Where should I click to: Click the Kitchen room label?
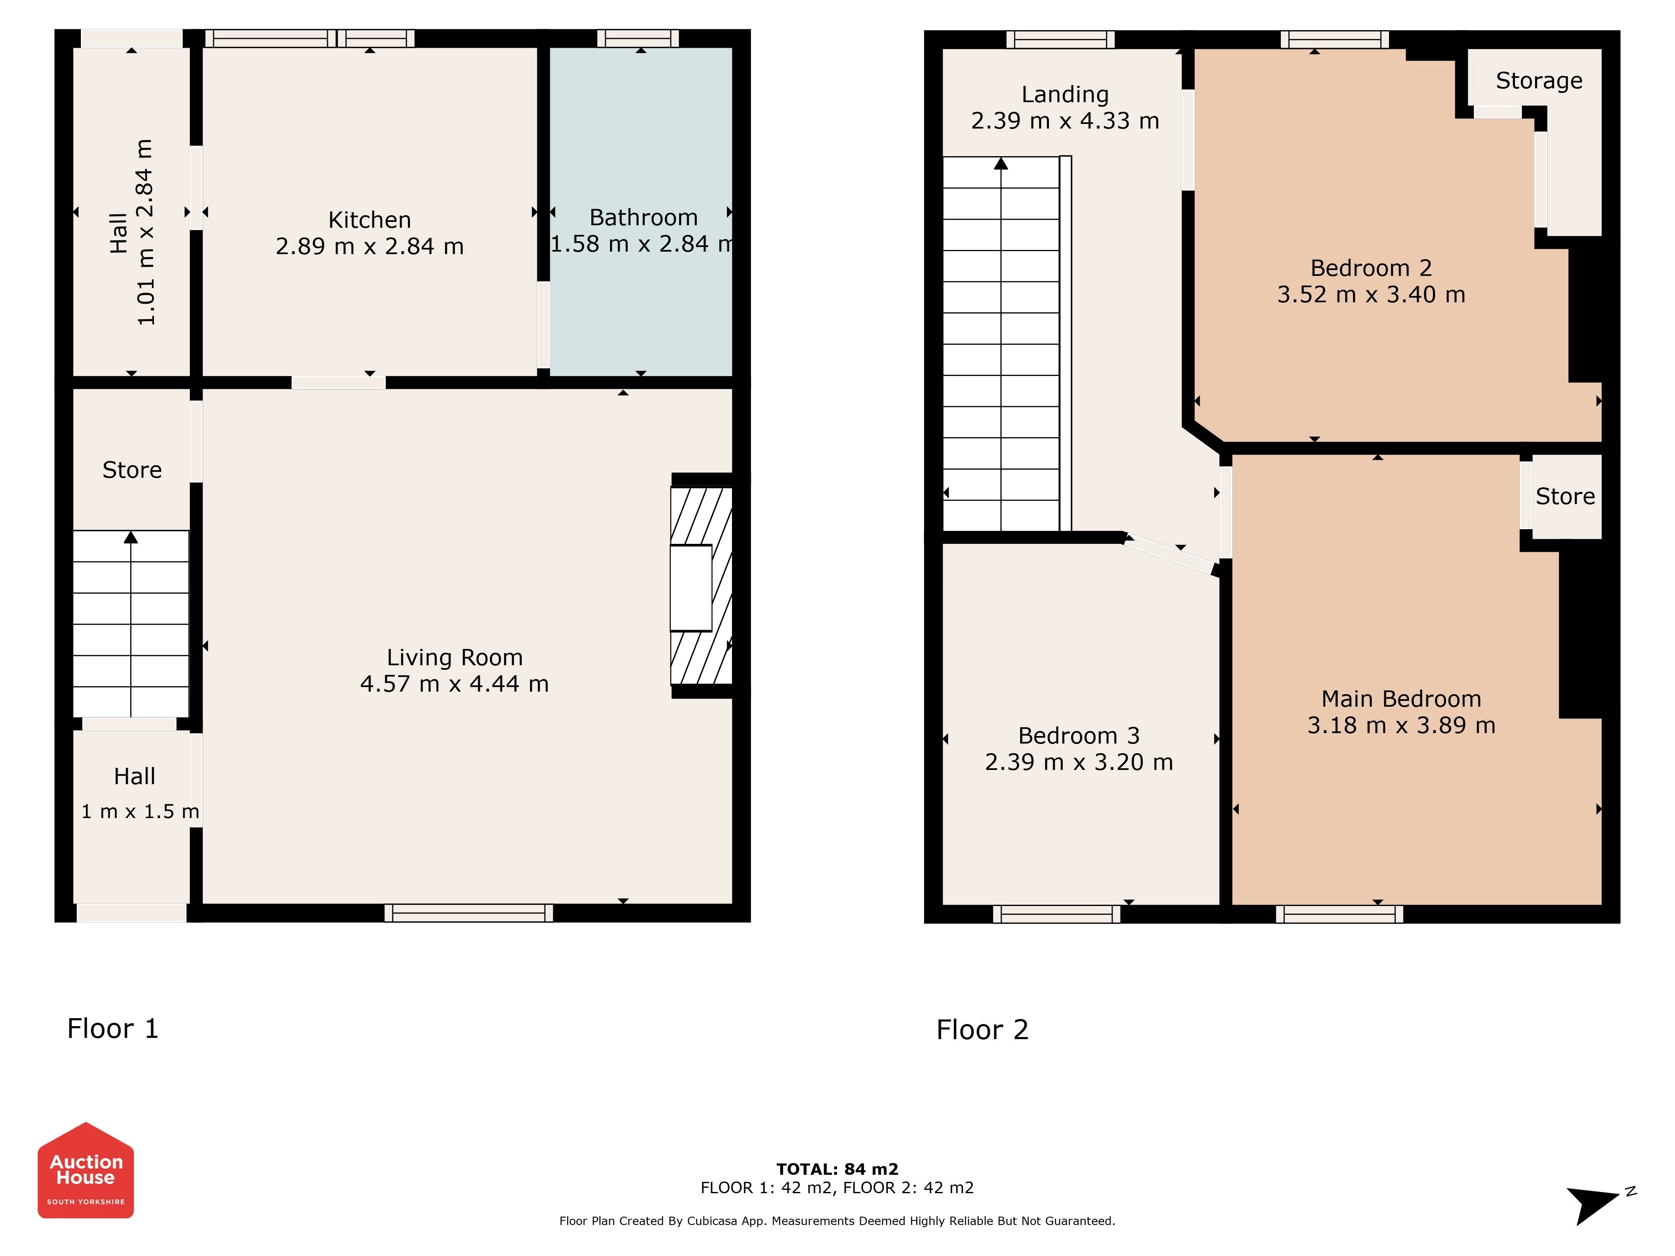369,219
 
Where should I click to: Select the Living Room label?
454,657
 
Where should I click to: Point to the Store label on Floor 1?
132,470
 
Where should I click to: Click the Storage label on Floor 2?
1539,80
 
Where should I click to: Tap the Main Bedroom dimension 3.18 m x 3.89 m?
1401,725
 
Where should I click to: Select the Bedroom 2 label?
1371,268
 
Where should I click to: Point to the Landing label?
1064,95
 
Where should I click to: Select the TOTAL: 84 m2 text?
837,1169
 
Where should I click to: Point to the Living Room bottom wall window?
469,913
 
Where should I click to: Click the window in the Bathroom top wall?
638,39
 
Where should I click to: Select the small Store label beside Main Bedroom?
1565,497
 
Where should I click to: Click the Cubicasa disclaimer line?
837,1220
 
